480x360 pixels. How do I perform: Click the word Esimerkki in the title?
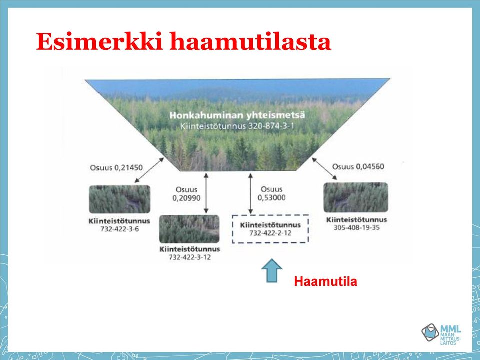tap(99, 41)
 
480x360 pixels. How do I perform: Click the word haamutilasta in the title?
tap(250, 41)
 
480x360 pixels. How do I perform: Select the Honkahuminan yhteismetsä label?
tap(237, 115)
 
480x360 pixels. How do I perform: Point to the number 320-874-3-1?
tap(270, 126)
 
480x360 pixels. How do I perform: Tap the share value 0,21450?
tap(128, 168)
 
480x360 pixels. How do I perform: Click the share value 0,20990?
tap(186, 198)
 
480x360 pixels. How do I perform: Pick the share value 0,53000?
tap(271, 198)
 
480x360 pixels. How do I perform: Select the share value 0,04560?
tap(370, 167)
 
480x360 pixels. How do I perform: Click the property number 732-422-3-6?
tap(119, 229)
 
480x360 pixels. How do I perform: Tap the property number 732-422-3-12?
tap(190, 257)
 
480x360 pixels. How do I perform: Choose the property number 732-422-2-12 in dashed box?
tap(270, 233)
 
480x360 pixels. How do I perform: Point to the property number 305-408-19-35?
tap(356, 228)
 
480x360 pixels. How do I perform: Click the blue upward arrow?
tap(272, 270)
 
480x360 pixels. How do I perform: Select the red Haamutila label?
tap(325, 281)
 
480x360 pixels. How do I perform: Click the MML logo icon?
tap(430, 332)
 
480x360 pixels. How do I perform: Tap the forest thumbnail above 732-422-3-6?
tap(119, 199)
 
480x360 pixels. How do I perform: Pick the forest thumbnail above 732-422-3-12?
tap(189, 229)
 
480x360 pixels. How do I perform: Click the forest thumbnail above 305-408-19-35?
tap(355, 197)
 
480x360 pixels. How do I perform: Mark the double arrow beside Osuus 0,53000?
tap(250, 194)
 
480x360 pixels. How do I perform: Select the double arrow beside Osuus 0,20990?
tap(206, 193)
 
